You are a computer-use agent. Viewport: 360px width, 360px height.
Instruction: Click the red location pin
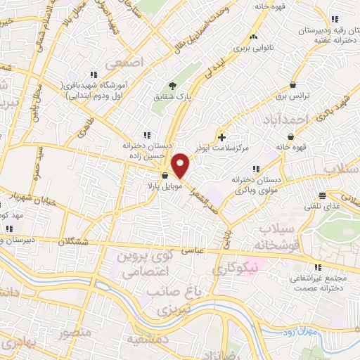[x=181, y=166]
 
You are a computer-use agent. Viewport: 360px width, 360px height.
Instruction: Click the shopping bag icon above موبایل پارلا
[x=165, y=176]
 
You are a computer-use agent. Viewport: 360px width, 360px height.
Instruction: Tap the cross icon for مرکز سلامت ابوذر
[x=222, y=136]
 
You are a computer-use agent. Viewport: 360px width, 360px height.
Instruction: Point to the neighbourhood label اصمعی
[x=124, y=63]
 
